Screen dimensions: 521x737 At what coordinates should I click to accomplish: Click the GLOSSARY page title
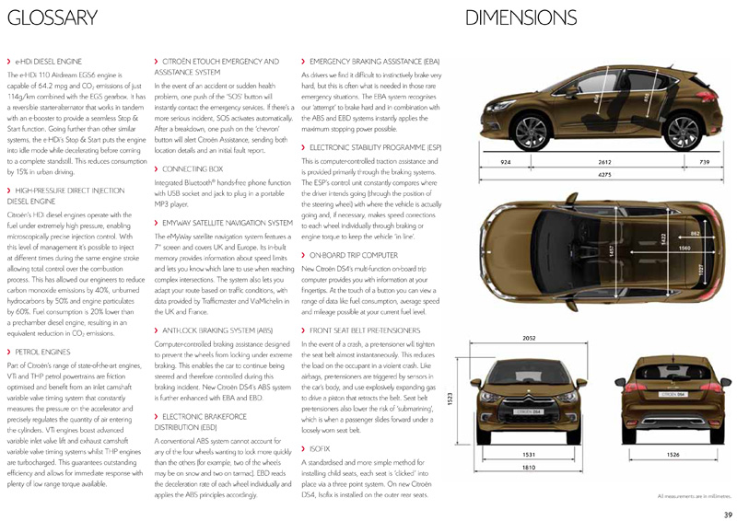[x=53, y=17]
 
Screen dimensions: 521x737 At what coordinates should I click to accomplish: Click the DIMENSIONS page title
[x=521, y=17]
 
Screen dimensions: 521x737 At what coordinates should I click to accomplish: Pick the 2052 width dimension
[x=528, y=339]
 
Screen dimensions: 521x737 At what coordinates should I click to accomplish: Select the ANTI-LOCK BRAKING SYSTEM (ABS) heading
[x=217, y=329]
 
